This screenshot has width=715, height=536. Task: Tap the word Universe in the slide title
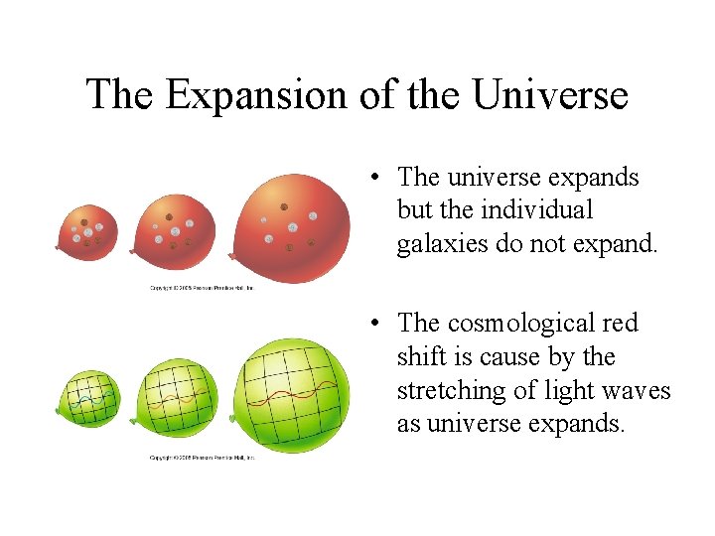pyautogui.click(x=550, y=95)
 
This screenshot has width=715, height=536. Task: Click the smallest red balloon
pyautogui.click(x=88, y=231)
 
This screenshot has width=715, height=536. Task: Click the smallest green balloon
pyautogui.click(x=89, y=400)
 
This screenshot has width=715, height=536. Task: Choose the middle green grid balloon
pyautogui.click(x=178, y=396)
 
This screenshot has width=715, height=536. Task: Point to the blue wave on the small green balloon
pyautogui.click(x=89, y=400)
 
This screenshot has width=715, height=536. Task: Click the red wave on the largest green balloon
pyautogui.click(x=296, y=398)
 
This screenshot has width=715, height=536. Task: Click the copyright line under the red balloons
pyautogui.click(x=203, y=288)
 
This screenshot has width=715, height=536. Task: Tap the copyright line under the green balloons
pyautogui.click(x=203, y=458)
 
